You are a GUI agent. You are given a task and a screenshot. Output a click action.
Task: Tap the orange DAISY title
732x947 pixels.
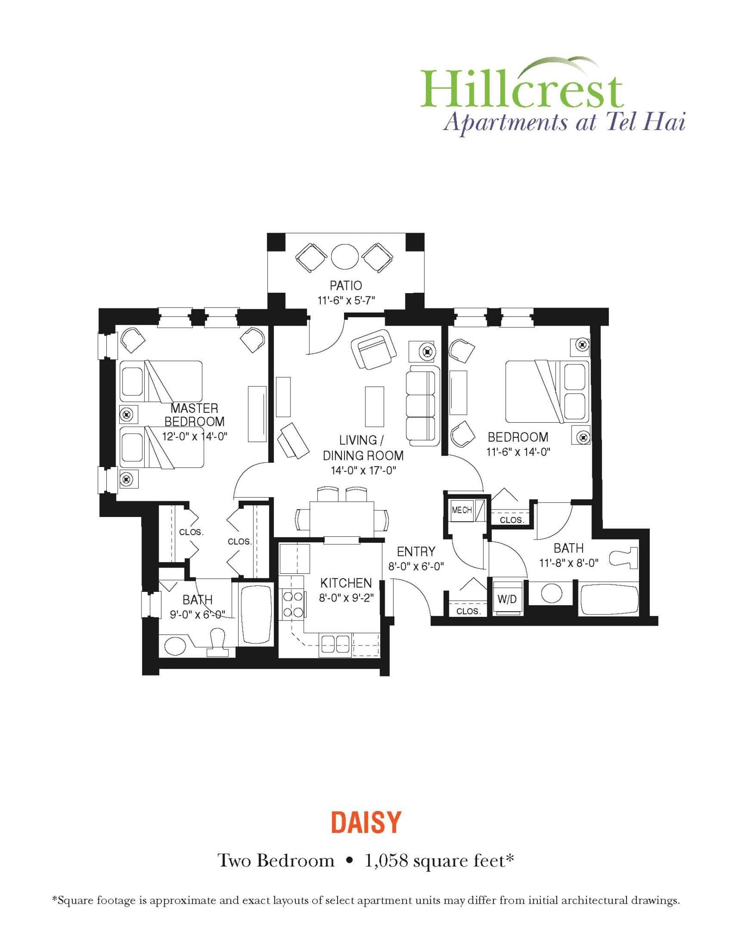coord(366,822)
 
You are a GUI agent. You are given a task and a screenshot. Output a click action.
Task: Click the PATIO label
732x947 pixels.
coord(345,285)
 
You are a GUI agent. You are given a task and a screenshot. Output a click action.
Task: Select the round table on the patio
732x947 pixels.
coord(345,256)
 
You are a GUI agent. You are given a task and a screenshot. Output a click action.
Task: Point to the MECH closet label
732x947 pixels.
coord(461,510)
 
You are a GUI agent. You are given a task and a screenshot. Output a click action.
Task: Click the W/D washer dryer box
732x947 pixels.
coord(507,599)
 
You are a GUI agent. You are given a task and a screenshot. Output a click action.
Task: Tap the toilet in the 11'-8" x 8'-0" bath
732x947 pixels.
coord(624,558)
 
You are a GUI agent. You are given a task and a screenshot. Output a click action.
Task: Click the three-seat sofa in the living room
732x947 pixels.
coord(422,406)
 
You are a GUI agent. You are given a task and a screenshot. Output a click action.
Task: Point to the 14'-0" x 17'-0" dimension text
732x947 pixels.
coord(363,471)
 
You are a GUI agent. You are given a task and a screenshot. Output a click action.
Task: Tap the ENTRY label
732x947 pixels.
coord(416,551)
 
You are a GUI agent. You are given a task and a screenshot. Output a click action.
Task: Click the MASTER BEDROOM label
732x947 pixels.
coord(194,415)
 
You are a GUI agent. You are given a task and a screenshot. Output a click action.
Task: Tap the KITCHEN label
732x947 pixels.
coord(346,583)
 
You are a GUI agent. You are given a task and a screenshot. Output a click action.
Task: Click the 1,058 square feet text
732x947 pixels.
coord(439,861)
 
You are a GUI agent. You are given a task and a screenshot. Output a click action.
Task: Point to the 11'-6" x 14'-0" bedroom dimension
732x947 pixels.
coord(518,452)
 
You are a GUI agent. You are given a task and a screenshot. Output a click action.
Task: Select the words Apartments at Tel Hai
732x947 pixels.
coord(564,123)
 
